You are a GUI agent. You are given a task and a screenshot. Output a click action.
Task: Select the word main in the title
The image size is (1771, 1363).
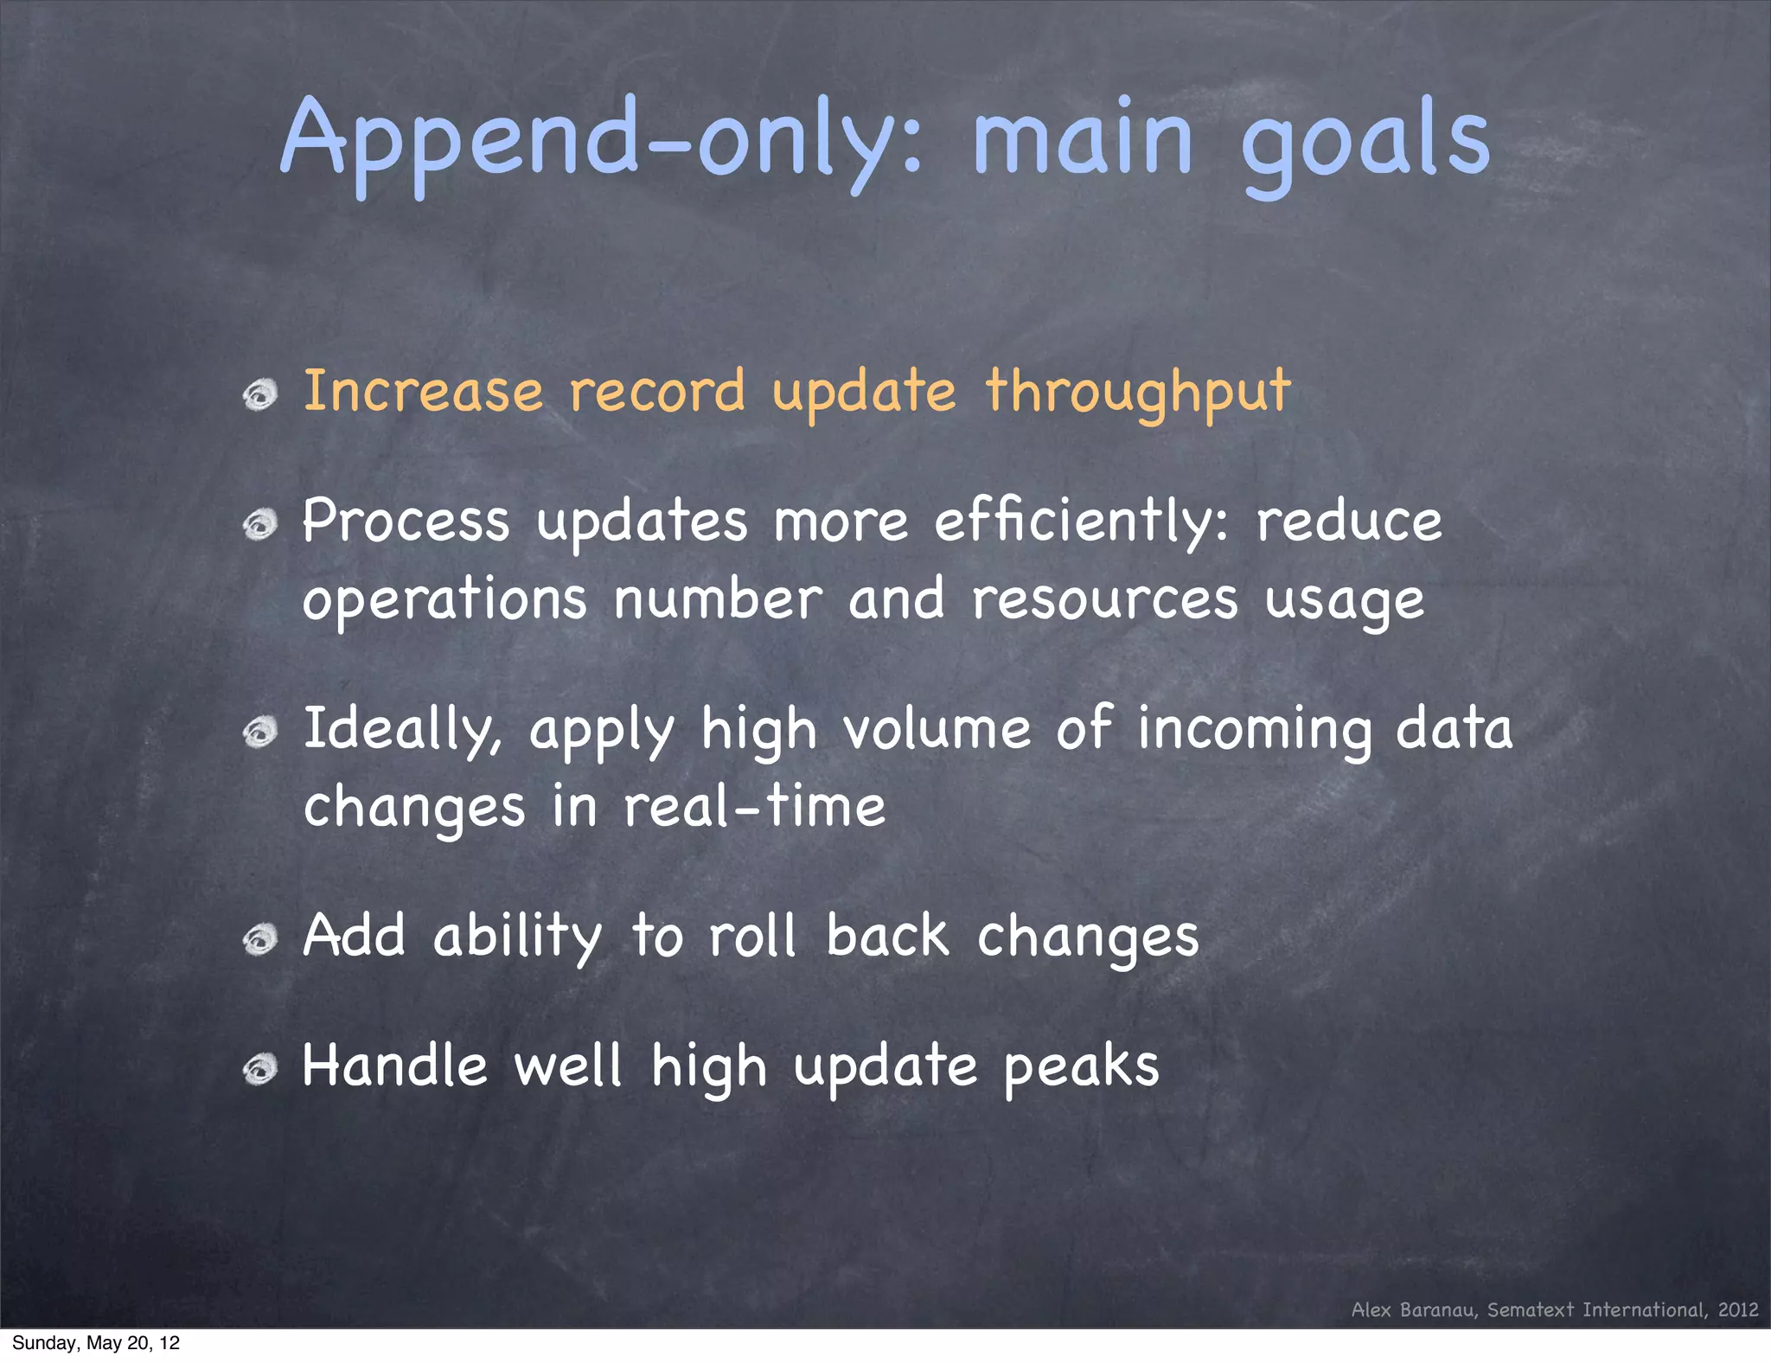1083,138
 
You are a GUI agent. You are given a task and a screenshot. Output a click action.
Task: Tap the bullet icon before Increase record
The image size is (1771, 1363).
259,395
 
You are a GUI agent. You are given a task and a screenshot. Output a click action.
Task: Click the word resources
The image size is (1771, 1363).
1104,598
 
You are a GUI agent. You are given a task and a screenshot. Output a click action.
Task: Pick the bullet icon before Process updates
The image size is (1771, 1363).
259,525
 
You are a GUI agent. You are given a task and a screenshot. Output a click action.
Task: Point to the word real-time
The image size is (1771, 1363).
754,806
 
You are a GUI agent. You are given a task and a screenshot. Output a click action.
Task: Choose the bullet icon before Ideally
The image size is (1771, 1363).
259,733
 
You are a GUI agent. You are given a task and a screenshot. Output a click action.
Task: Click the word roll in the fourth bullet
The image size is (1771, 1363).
751,936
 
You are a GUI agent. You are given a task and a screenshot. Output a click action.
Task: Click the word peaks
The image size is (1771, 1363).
1081,1066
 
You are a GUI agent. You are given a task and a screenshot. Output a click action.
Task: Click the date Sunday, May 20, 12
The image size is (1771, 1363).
96,1343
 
